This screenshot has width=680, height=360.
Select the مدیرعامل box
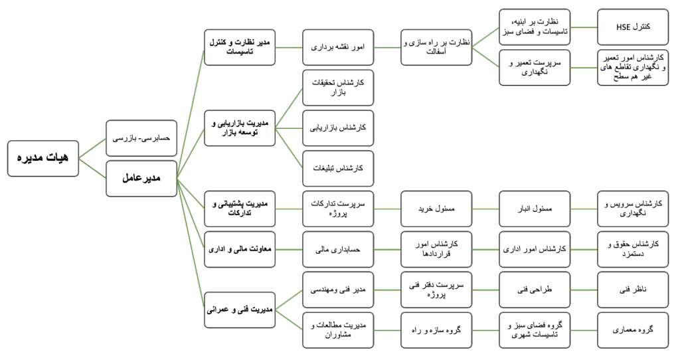pyautogui.click(x=141, y=179)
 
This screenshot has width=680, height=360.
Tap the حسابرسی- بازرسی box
pyautogui.click(x=141, y=137)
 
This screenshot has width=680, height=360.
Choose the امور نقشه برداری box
pyautogui.click(x=337, y=47)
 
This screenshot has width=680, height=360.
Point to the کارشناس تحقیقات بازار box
pyautogui.click(x=337, y=88)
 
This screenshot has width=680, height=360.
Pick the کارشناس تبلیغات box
pyautogui.click(x=337, y=169)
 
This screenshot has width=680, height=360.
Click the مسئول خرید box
pyautogui.click(x=436, y=209)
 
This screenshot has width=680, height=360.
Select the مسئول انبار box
pyautogui.click(x=534, y=209)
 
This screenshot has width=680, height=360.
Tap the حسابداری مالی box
pyautogui.click(x=337, y=249)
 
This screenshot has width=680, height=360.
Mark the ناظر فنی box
pyautogui.click(x=632, y=290)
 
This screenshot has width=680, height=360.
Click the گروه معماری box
pyautogui.click(x=632, y=330)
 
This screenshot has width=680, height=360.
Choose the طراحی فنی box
pyautogui.click(x=534, y=290)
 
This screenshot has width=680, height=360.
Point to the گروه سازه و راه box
pyautogui.click(x=436, y=330)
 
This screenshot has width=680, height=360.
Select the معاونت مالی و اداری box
pyautogui.click(x=239, y=249)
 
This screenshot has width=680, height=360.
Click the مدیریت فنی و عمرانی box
pyautogui.click(x=239, y=310)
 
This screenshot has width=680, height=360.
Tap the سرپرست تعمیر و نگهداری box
pyautogui.click(x=534, y=68)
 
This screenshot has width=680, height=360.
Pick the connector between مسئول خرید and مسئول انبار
pyautogui.click(x=485, y=209)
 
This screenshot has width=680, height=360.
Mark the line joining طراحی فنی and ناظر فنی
pyautogui.click(x=583, y=290)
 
